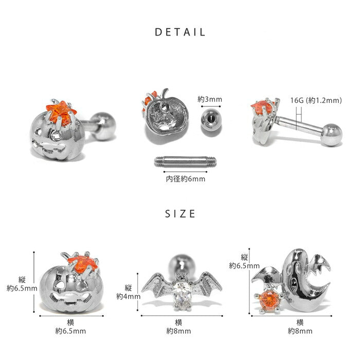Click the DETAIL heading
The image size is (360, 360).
click(180, 32)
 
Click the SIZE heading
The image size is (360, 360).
click(180, 214)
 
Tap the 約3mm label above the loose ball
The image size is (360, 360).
click(210, 99)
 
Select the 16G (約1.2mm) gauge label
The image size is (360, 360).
click(316, 100)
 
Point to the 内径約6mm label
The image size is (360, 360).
click(186, 179)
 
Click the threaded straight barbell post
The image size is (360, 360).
click(185, 161)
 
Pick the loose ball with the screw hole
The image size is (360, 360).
click(211, 120)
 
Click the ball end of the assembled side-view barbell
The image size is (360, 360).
click(332, 135)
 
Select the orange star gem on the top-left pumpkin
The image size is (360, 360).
click(60, 114)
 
